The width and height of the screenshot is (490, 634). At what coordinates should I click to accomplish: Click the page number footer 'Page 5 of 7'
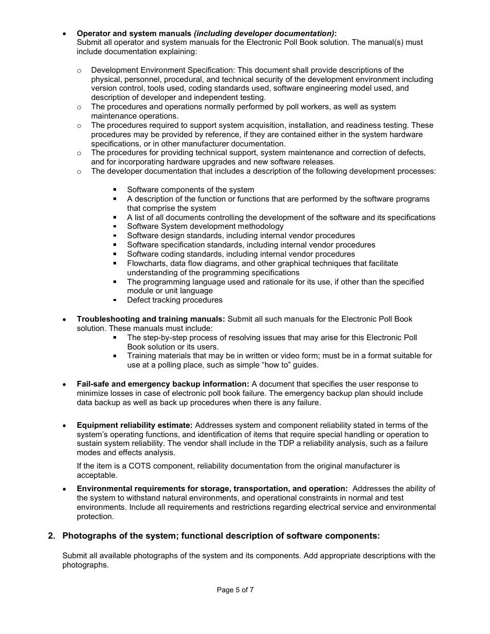click(x=235, y=590)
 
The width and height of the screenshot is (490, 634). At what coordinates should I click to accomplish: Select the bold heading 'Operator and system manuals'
click(x=134, y=33)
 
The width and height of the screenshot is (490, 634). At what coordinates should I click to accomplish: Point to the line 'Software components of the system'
click(x=190, y=190)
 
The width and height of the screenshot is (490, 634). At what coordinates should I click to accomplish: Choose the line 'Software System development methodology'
click(x=205, y=226)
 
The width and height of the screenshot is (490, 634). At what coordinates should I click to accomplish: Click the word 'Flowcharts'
click(x=146, y=263)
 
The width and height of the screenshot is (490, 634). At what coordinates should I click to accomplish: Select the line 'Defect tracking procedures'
click(x=175, y=300)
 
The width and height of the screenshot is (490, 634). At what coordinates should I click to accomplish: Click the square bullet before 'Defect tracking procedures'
click(x=115, y=300)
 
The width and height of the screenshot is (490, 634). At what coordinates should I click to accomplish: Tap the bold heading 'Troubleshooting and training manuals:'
click(x=151, y=319)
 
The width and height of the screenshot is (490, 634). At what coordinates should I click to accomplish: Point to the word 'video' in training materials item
click(x=272, y=356)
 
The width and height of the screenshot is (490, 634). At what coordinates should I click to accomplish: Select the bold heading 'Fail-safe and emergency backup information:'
click(x=163, y=384)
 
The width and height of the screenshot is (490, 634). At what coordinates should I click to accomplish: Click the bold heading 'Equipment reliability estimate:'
click(x=135, y=425)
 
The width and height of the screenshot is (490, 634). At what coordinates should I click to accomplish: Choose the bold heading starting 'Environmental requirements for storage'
click(x=212, y=489)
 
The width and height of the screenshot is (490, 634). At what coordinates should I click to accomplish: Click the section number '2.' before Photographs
click(x=52, y=536)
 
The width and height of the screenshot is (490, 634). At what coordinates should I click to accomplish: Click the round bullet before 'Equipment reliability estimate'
click(x=64, y=426)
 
